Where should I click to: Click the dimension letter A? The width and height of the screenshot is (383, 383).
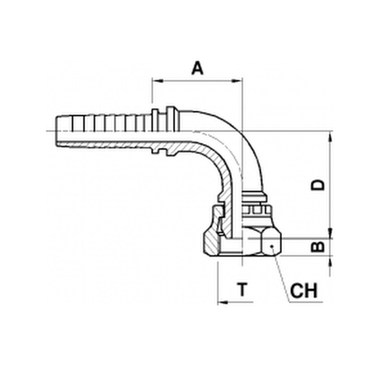(x=197, y=68)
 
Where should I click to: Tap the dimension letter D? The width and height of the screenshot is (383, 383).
(x=317, y=185)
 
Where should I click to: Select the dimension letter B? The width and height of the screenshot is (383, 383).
(x=317, y=247)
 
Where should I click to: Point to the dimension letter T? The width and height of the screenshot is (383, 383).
(x=242, y=290)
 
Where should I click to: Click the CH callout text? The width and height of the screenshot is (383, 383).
(x=304, y=291)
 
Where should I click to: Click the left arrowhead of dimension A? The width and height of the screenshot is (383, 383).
(x=158, y=81)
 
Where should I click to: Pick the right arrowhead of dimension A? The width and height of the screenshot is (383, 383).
(x=237, y=81)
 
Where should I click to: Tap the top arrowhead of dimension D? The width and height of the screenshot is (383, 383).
(x=330, y=136)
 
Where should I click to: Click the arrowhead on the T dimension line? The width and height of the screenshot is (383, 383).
(x=223, y=303)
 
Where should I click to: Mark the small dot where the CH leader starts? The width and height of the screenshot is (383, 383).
(x=271, y=246)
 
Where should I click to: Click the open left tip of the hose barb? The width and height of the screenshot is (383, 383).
(x=56, y=131)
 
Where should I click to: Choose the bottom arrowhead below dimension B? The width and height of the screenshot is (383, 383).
(x=330, y=261)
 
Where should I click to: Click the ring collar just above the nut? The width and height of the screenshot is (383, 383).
(x=254, y=197)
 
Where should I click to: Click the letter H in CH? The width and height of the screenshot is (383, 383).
(x=311, y=291)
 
